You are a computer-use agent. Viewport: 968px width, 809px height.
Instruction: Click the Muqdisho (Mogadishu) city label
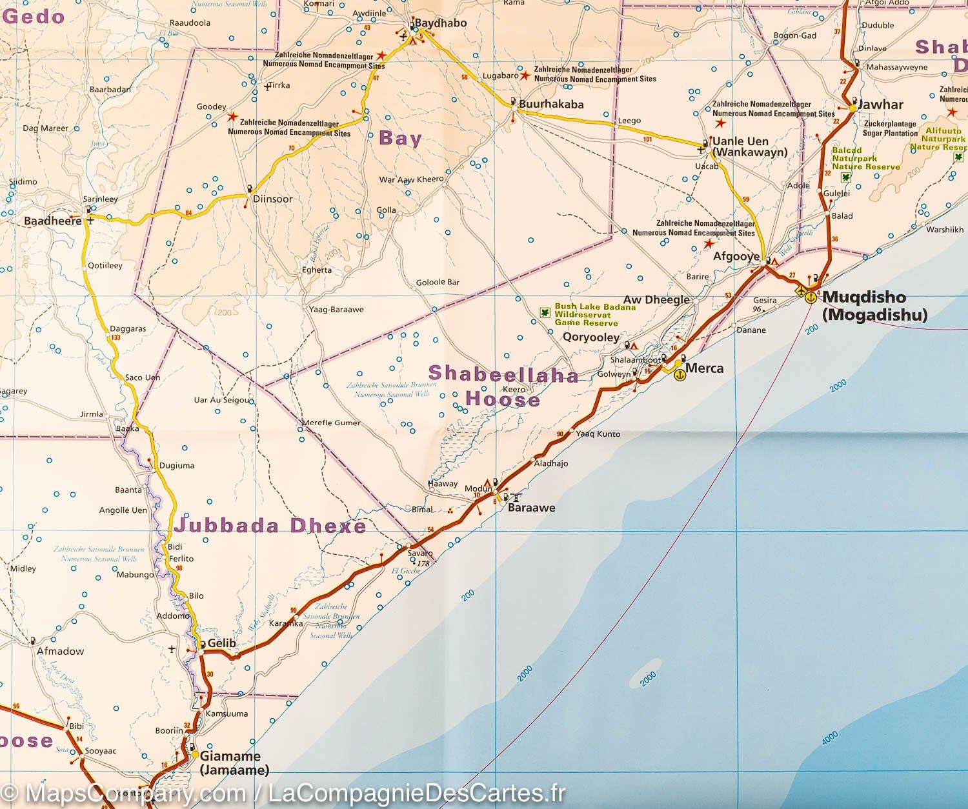click(874, 306)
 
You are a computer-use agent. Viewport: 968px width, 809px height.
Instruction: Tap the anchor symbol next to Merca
click(680, 375)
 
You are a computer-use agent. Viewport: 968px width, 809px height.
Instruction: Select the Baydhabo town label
click(440, 23)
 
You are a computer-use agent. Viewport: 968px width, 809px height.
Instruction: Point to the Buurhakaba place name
click(551, 104)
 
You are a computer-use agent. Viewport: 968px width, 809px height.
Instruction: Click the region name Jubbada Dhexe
click(270, 526)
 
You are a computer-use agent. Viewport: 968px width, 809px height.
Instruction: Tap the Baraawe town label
click(531, 508)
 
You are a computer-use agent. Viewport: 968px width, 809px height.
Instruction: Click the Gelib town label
click(221, 643)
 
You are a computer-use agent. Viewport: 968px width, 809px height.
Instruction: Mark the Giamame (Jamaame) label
click(234, 763)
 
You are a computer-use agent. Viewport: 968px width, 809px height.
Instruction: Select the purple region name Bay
click(400, 138)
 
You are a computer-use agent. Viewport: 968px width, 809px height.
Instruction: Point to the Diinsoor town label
click(272, 199)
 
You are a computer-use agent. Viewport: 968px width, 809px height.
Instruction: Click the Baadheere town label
click(53, 221)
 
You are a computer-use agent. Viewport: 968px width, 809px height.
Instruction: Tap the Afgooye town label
click(736, 256)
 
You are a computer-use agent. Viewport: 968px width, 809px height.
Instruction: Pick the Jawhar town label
click(881, 105)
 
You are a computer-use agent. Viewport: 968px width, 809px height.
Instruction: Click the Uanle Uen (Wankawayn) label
click(749, 146)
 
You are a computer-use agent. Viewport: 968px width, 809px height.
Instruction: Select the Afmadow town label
click(60, 651)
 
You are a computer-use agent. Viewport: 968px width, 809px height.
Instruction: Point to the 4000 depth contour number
click(830, 738)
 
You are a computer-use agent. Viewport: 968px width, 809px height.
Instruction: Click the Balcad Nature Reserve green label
click(865, 159)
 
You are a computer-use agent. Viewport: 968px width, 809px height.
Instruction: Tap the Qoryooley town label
click(590, 337)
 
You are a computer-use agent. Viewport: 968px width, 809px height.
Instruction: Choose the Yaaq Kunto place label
click(598, 434)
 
